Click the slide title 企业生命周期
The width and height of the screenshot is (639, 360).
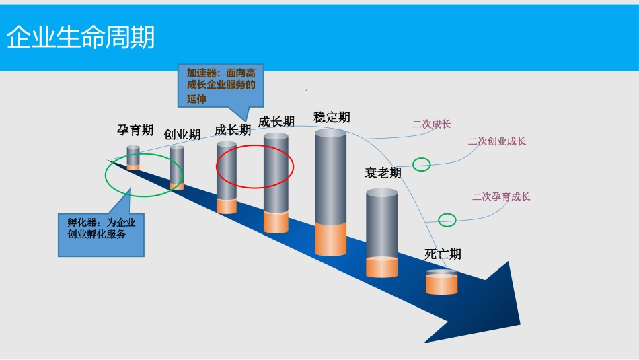pos(81,38)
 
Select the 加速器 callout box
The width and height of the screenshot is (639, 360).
pos(221,85)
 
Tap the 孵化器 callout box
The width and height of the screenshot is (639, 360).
pos(101,229)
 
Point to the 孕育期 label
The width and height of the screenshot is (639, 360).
pos(135,130)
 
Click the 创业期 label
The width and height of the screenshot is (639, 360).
pos(182,135)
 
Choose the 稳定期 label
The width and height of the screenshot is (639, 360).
pos(332,117)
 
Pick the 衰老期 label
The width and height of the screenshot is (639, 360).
pos(383,173)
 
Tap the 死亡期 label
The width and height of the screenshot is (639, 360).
pos(443,254)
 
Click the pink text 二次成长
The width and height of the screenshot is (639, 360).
pos(431,124)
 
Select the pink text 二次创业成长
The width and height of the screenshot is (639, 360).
pos(497,141)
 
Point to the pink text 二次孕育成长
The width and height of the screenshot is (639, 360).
pos(501,197)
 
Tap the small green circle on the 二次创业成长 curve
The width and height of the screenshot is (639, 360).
pos(422,164)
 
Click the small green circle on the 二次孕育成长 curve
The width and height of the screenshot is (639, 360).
pos(447,219)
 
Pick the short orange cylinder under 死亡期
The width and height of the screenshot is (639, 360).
pos(441,283)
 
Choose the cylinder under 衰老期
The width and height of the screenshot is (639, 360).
pos(381,232)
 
